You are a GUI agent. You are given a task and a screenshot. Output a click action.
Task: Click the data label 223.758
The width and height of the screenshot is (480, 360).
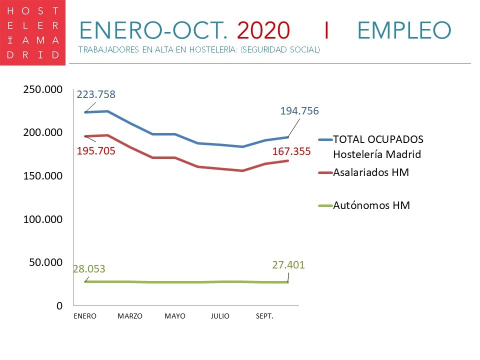click(96, 94)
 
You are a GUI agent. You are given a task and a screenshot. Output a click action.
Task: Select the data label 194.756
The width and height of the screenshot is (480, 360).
click(299, 111)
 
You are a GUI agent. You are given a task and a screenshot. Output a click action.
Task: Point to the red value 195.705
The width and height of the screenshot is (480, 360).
click(96, 150)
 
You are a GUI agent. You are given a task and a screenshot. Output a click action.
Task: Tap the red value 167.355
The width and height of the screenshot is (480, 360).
click(292, 151)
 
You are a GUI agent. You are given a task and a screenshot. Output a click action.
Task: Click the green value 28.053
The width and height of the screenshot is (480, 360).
click(89, 269)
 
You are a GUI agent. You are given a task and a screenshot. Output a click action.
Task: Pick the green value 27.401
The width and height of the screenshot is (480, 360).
click(288, 265)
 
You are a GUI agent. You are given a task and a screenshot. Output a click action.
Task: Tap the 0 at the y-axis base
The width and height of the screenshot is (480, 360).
click(59, 305)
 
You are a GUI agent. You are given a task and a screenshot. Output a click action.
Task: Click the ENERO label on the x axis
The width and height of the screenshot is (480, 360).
click(84, 316)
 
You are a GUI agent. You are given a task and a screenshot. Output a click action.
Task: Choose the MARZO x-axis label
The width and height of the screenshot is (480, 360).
click(130, 316)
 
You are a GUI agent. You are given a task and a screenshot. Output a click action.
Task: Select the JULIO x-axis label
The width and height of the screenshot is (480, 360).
click(220, 316)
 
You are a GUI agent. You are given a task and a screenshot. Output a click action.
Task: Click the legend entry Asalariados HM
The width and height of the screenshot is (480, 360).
click(371, 172)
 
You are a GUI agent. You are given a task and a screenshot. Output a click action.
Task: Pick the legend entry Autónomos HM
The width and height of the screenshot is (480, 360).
click(371, 205)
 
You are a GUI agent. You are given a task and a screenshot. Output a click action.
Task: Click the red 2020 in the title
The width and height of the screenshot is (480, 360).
click(263, 30)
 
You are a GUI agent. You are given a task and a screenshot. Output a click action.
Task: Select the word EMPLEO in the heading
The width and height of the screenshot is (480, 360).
click(404, 30)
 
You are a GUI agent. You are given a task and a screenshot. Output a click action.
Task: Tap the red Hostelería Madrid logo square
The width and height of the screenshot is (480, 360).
click(32, 32)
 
